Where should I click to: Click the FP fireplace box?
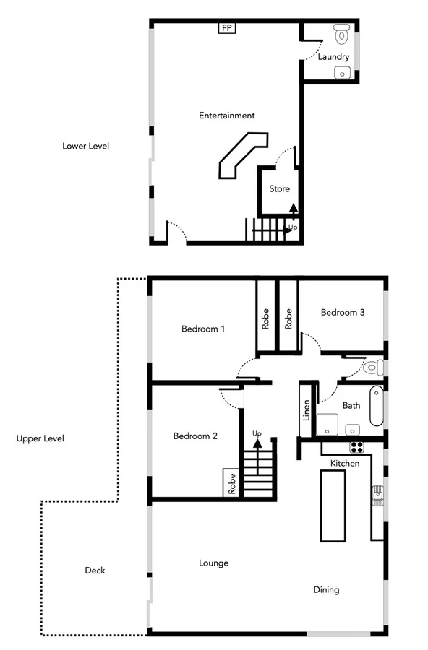(226, 28)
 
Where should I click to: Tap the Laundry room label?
(333, 56)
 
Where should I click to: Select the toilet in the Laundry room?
(342, 34)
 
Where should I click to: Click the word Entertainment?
(227, 116)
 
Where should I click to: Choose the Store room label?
(280, 189)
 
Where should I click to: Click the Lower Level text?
(85, 146)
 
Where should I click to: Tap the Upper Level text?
(40, 438)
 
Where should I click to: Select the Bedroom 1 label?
(203, 329)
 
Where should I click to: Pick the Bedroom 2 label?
(195, 436)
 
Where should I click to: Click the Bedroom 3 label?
(343, 313)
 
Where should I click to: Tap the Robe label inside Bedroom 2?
(232, 483)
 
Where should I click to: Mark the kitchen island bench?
(333, 505)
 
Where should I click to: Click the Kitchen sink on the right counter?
(377, 495)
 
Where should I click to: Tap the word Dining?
(326, 590)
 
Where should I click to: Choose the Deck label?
(95, 571)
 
